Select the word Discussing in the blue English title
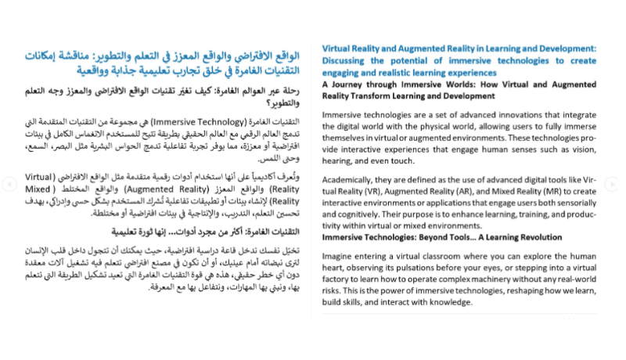click(349, 60)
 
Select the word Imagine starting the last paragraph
click(340, 257)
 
